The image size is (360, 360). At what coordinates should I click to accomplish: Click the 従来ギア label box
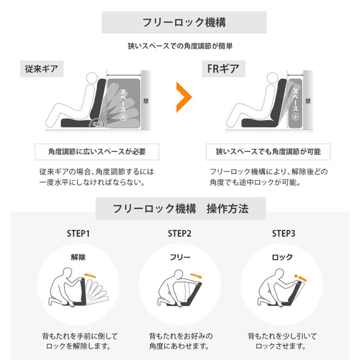tap(42, 69)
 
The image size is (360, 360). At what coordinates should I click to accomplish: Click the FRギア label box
tap(224, 69)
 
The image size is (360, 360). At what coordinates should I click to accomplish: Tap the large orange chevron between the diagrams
tap(184, 97)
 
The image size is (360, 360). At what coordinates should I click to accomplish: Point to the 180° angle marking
tap(97, 124)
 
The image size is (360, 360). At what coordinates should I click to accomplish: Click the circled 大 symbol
tap(124, 117)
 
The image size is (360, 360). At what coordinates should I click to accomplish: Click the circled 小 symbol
tap(295, 117)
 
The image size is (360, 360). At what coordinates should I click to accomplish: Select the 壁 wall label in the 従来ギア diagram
tap(146, 101)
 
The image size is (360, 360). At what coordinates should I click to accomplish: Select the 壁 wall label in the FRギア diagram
tap(308, 101)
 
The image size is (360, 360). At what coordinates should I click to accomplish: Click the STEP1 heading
tap(78, 234)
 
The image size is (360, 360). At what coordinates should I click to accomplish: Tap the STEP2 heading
tap(180, 234)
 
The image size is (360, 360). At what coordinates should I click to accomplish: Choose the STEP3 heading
tap(284, 234)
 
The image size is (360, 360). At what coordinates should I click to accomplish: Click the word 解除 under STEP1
tap(78, 257)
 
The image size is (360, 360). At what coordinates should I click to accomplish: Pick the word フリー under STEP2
tap(180, 257)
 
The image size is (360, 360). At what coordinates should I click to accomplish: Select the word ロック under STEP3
tap(282, 257)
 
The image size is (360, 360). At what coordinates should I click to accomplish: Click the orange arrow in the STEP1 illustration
tap(90, 276)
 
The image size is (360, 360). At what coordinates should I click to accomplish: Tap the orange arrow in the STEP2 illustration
tap(196, 276)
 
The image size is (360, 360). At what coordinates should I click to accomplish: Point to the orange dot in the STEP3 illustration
tap(296, 276)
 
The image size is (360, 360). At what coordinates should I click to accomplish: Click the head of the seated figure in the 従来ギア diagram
tap(92, 78)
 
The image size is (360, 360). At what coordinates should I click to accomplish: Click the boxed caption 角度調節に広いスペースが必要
tap(97, 152)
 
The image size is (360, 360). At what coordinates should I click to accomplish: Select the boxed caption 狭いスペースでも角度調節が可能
tap(268, 152)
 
